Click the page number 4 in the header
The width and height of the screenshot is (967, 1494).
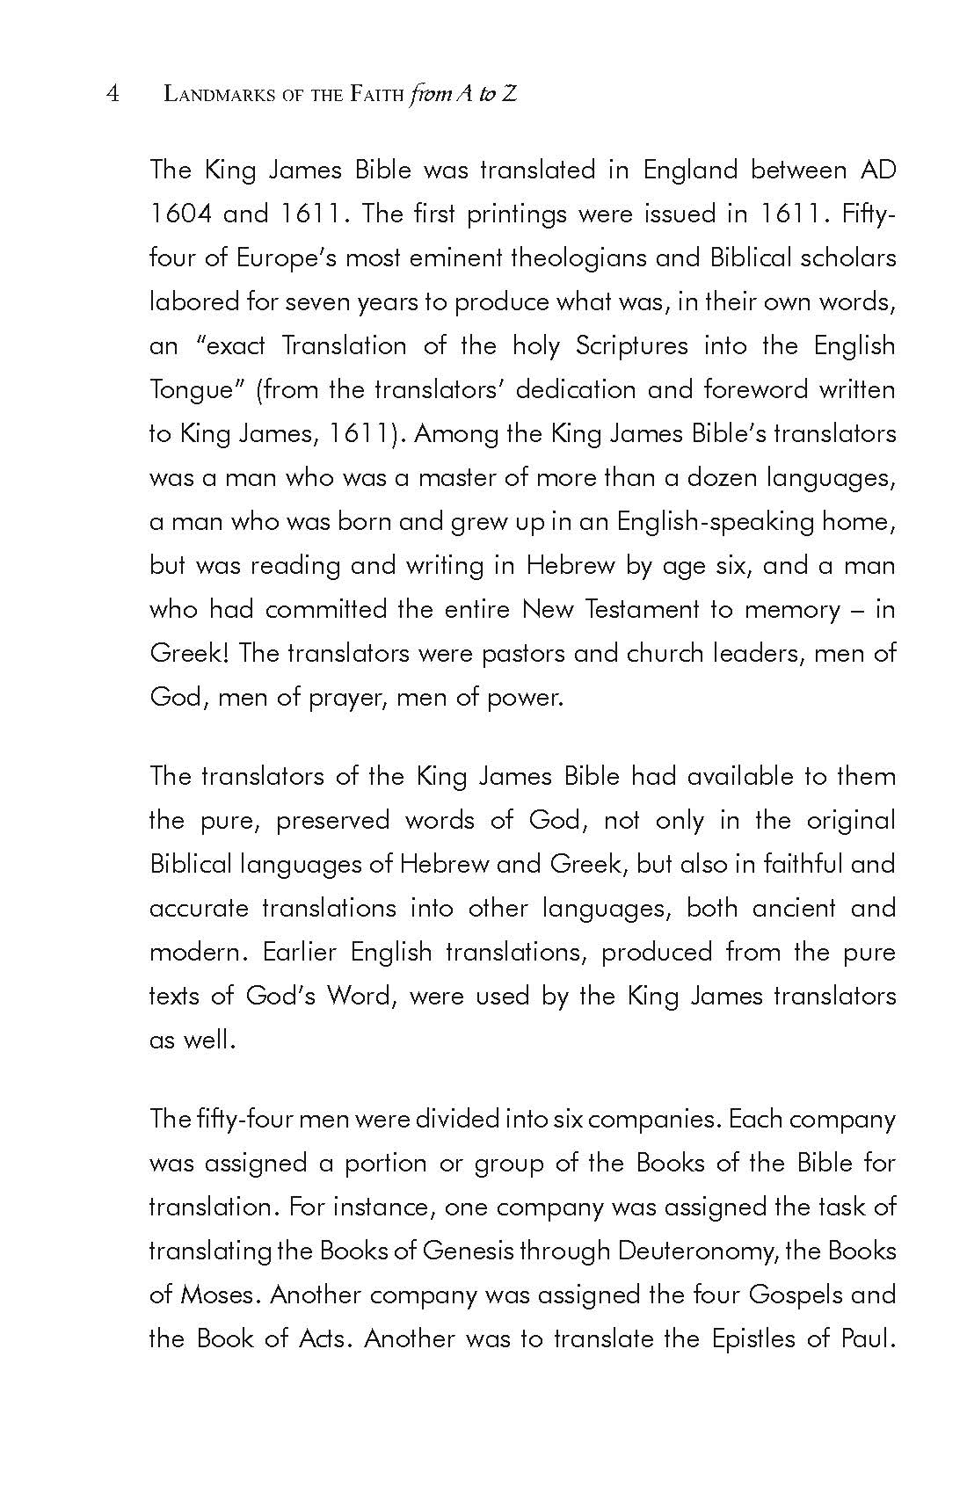click(113, 94)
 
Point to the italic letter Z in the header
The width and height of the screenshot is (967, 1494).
click(509, 94)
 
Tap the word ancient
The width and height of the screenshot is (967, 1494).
click(794, 908)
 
